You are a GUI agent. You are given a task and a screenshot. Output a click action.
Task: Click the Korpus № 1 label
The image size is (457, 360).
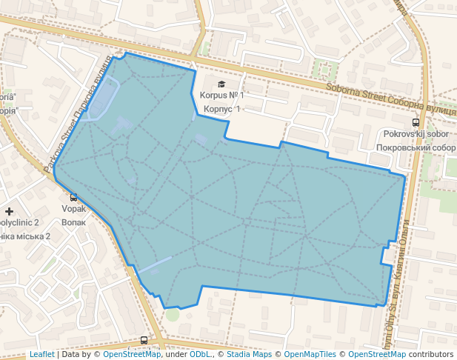pos(221,96)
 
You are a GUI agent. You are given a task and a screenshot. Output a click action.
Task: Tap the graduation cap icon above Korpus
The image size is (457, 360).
pos(221,84)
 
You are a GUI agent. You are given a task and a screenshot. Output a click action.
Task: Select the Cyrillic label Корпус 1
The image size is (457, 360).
pos(221,109)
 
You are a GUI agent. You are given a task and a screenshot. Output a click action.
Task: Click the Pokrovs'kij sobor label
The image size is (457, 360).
pos(416,134)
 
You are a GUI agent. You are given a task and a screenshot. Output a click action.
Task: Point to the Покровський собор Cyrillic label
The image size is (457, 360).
pos(416,147)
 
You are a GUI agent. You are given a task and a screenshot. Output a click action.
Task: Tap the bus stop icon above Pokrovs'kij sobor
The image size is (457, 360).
pos(416,122)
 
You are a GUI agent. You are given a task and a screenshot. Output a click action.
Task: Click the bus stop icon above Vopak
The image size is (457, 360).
pos(73,197)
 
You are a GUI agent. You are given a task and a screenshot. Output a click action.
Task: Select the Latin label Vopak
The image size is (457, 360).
pos(74,209)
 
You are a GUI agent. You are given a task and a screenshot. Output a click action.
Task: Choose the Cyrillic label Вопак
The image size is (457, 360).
pos(74,221)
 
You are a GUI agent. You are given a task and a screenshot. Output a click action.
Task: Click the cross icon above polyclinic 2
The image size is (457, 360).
pos(9,211)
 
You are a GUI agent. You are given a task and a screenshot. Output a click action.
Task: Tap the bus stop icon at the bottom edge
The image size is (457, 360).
pos(144,341)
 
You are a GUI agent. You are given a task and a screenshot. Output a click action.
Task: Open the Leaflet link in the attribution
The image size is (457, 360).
pos(41,354)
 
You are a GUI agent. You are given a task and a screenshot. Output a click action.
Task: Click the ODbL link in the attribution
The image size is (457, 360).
pos(200,354)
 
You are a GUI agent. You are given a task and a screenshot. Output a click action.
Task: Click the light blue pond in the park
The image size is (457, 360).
pos(101,98)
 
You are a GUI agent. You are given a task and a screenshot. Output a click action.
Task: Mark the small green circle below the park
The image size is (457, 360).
pos(173,314)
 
